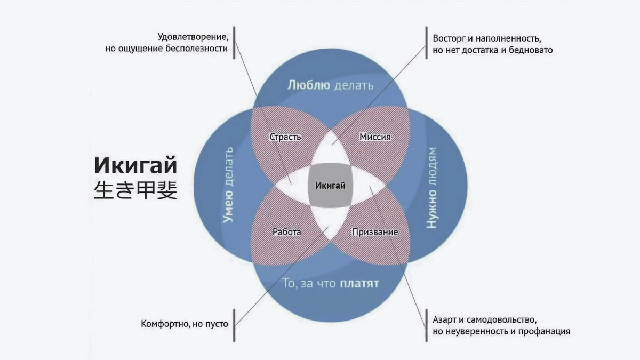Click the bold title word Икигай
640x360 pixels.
tap(135, 166)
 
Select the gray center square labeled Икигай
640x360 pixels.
tap(330, 186)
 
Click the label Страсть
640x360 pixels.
tap(285, 137)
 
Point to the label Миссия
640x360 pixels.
tap(375, 137)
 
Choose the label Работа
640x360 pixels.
tap(286, 233)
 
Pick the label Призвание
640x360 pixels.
tap(375, 233)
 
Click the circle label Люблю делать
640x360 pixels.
tap(330, 85)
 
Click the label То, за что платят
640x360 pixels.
tap(331, 283)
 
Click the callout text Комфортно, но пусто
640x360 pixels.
tap(185, 324)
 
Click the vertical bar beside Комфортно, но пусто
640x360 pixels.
tap(235, 324)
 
